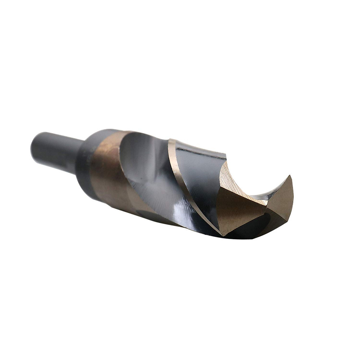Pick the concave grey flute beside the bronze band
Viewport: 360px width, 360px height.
144,168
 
